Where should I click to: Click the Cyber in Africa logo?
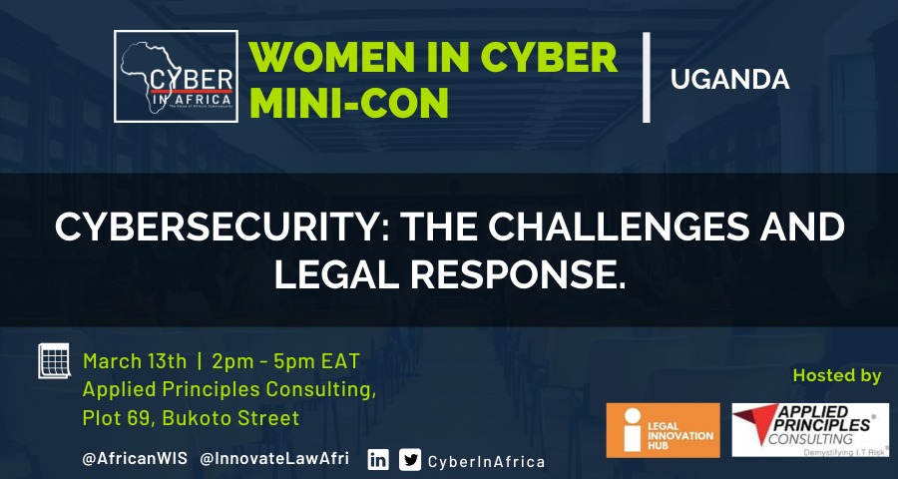point(176,77)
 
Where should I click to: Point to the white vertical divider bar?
point(646,78)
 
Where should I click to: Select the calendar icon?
point(55,361)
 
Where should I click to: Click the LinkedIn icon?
point(378,460)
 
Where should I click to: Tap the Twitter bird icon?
point(410,460)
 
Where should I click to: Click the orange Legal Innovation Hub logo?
point(663,430)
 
